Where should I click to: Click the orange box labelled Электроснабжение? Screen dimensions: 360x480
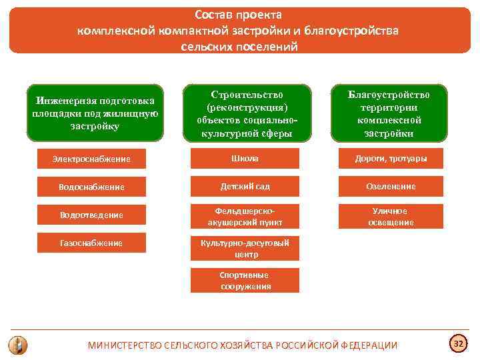91,159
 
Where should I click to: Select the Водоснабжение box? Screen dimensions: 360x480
91,187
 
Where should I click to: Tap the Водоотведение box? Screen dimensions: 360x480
91,215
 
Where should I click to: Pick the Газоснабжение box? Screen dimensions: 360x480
91,243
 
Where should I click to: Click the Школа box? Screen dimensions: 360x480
245,159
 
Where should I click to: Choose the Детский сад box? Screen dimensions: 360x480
245,187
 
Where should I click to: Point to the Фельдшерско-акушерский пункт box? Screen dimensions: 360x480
245,216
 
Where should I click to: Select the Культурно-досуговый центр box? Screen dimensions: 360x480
245,249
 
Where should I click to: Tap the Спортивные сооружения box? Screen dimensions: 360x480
245,281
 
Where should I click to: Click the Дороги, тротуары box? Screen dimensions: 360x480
391,159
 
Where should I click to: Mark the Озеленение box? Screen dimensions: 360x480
391,187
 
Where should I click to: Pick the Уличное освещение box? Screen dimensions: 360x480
391,216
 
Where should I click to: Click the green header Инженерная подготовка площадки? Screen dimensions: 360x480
95,113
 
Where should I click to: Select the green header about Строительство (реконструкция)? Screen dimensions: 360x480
247,113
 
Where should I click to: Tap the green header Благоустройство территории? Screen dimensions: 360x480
389,113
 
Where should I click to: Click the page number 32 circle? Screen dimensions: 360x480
458,344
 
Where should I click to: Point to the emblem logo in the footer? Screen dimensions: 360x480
18,345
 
